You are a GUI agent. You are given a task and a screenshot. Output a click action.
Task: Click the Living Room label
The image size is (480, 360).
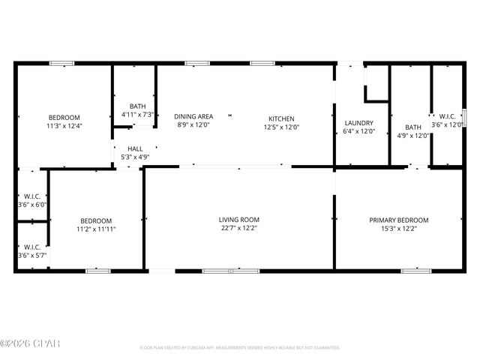pos(239,220)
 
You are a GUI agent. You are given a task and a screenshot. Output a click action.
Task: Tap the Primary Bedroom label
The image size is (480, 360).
pos(398,220)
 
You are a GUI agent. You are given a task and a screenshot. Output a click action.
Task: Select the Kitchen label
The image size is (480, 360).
pos(281,118)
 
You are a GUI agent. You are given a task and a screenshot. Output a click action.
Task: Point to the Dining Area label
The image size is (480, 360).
pos(193,116)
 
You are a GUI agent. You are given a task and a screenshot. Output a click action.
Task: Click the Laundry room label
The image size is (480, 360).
pos(358,123)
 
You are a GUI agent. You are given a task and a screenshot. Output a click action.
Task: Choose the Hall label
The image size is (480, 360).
pos(134,149)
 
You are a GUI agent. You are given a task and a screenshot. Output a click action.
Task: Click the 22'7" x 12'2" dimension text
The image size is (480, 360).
pos(239,229)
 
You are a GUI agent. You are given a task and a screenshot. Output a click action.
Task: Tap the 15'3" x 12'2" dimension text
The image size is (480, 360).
pos(398,229)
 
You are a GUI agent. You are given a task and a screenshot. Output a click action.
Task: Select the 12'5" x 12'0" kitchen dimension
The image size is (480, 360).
pos(281,127)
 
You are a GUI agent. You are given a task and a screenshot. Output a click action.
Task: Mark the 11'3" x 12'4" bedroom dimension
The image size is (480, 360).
pos(64,127)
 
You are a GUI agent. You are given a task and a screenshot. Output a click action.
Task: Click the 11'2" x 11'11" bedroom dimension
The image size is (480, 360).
pos(96,229)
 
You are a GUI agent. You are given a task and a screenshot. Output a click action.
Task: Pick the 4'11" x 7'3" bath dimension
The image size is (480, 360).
pos(137,115)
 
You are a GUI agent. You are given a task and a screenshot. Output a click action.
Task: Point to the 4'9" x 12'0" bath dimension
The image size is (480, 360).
pos(412,136)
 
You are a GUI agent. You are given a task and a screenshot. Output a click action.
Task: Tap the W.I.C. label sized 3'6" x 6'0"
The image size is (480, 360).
pos(32,197)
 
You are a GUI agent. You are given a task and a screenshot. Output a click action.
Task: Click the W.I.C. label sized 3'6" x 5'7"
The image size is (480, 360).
pos(32,247)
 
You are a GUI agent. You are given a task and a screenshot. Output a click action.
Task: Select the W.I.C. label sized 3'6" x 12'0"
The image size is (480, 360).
pos(447,116)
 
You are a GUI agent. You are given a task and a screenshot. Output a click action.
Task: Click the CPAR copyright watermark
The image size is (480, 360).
pos(30,343)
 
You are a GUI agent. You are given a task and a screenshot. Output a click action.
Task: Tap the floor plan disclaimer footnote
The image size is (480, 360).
pos(239,348)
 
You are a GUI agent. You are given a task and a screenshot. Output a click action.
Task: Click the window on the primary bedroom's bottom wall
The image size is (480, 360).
pos(412,270)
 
